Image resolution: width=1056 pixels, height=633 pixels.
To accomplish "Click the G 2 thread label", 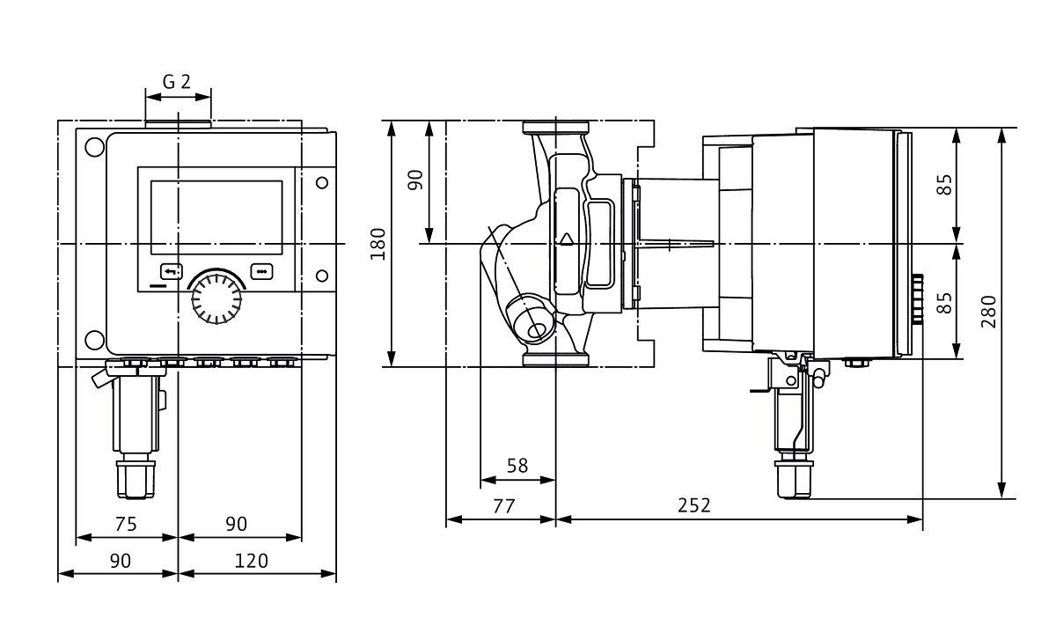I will tap(177, 82).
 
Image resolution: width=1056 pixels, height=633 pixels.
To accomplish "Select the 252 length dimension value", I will tap(693, 505).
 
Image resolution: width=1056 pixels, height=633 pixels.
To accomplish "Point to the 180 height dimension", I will tap(378, 244).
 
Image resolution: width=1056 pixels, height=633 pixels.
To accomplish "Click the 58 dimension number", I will tap(517, 466).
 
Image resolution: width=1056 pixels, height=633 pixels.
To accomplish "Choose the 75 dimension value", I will tap(126, 524).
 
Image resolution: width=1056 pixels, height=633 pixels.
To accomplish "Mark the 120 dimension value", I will tap(253, 560).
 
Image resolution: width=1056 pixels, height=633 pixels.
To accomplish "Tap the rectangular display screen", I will tap(216, 215).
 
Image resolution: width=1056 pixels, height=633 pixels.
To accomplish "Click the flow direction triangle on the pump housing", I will tap(566, 239).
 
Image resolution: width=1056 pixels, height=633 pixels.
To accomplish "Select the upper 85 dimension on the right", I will tap(944, 186).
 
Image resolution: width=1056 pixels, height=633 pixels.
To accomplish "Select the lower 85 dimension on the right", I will tap(944, 303).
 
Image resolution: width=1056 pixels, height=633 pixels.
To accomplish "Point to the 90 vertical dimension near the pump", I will tap(416, 180).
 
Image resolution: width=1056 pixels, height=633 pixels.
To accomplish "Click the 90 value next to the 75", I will tap(236, 524).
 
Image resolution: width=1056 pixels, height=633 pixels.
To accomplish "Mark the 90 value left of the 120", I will tap(120, 560).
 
